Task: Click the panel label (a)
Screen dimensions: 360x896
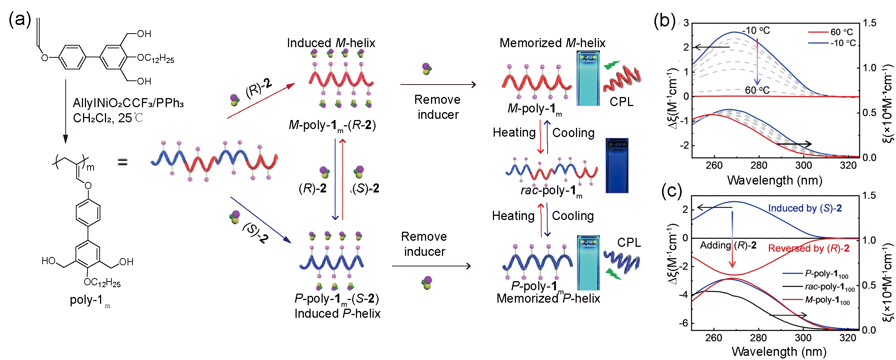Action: [x=20, y=19]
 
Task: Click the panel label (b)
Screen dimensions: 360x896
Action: [x=664, y=21]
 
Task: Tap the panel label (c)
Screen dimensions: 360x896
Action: [x=671, y=191]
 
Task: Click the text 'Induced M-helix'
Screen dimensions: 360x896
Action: [x=331, y=43]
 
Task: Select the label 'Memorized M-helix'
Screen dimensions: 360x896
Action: [x=552, y=43]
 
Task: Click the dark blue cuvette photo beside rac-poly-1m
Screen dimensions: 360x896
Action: [x=617, y=166]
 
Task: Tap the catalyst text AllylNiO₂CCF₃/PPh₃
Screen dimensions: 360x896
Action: [x=128, y=103]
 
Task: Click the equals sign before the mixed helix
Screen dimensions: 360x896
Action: [x=122, y=162]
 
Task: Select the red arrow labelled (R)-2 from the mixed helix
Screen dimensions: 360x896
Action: [x=260, y=101]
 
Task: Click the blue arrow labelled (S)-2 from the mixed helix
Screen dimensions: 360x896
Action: [x=260, y=220]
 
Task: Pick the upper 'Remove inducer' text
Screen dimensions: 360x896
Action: [x=437, y=107]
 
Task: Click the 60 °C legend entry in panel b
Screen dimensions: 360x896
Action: [x=830, y=32]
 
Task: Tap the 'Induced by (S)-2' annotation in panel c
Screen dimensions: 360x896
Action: [x=805, y=208]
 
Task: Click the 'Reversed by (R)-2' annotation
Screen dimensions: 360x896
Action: [x=808, y=248]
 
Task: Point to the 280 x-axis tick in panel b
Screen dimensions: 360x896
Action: [x=759, y=166]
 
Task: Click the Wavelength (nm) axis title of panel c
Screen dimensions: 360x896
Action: [x=779, y=352]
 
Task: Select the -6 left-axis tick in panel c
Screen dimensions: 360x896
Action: [x=684, y=323]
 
